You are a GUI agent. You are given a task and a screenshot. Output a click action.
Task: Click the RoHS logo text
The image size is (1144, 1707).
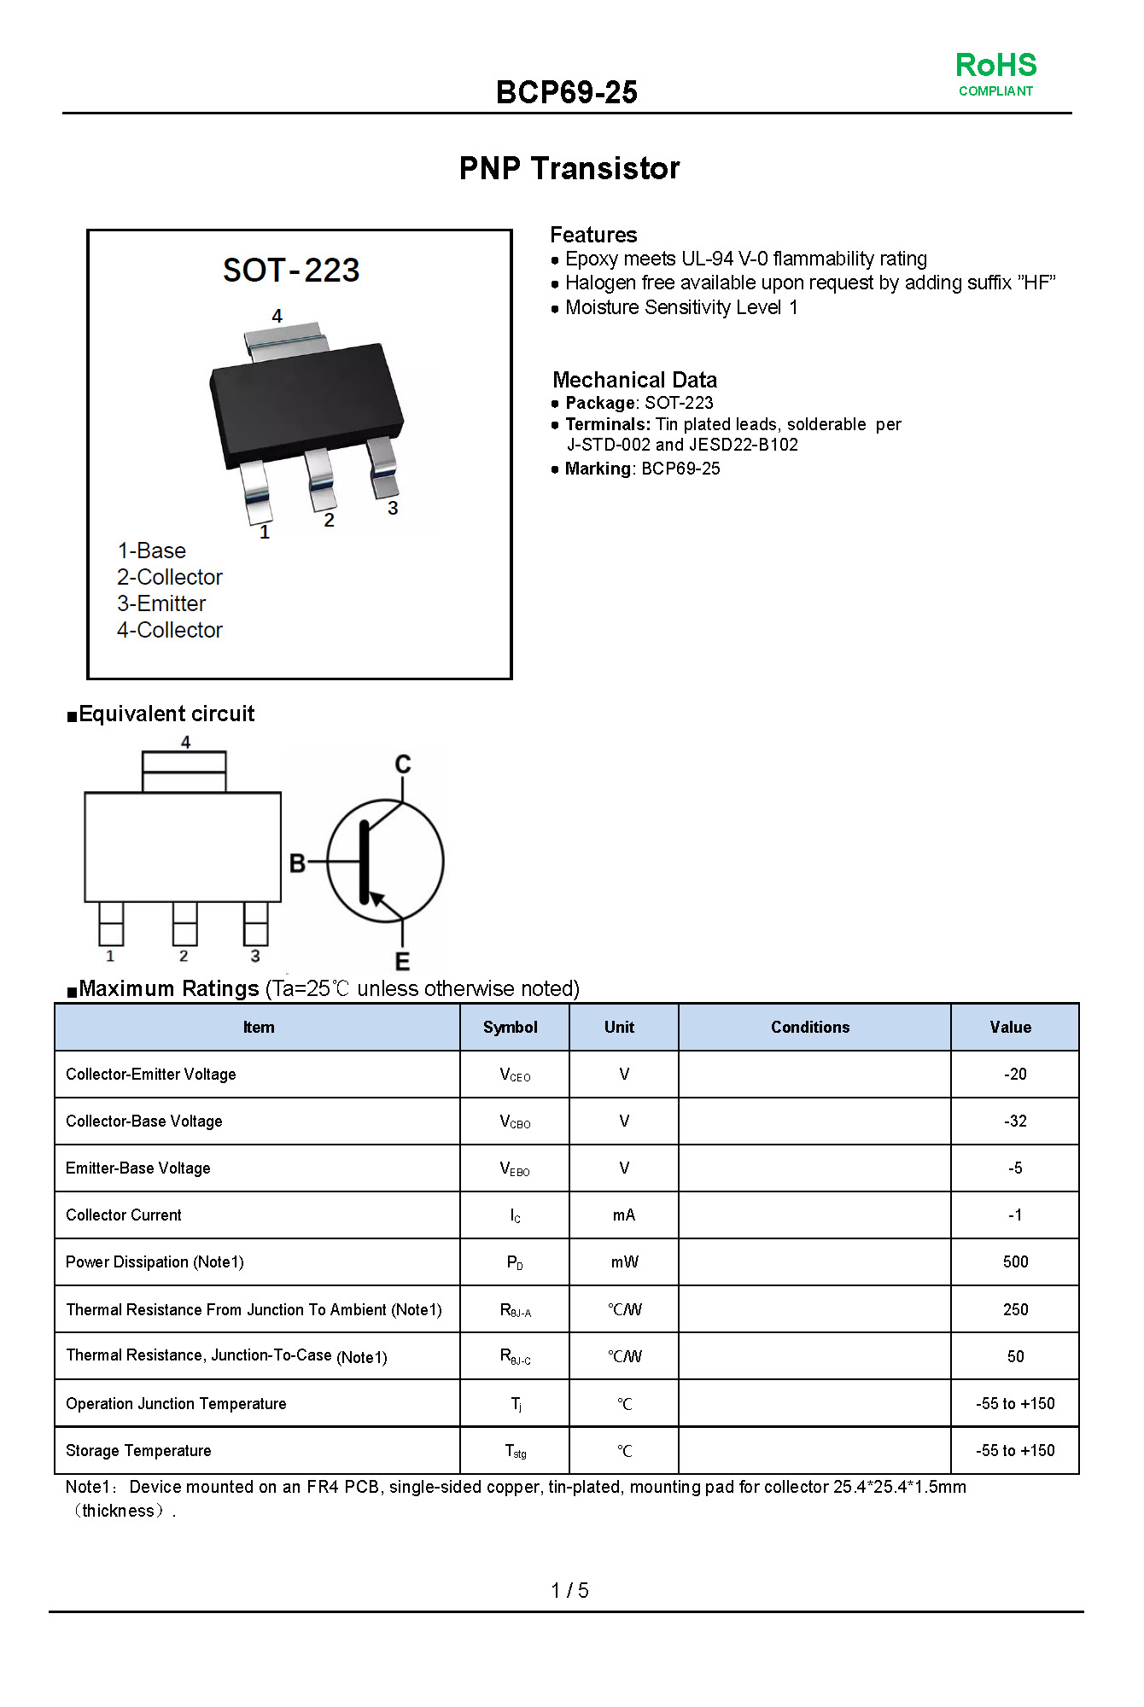995,66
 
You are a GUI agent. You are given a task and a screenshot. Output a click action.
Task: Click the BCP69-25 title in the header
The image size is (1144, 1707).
566,92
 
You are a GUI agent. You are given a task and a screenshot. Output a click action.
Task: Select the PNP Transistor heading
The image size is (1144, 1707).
569,168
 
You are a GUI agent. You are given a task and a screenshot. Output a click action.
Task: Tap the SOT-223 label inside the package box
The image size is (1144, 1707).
291,271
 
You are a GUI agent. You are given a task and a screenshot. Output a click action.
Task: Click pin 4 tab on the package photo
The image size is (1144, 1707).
286,341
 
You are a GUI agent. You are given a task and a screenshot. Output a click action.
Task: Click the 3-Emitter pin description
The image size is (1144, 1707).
161,603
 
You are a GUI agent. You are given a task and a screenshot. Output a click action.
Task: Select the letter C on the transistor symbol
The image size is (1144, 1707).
403,764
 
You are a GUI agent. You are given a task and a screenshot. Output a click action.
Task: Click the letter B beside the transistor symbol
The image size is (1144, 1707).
297,864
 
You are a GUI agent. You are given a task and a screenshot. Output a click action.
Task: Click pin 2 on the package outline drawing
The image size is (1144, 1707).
184,923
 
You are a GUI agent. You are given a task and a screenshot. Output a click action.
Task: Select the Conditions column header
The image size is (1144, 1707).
810,1027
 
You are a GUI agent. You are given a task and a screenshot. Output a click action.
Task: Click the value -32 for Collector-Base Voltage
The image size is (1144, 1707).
1014,1121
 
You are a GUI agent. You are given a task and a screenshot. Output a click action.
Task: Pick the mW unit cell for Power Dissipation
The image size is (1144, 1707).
624,1261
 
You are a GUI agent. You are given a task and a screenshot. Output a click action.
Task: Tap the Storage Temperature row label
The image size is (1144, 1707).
138,1450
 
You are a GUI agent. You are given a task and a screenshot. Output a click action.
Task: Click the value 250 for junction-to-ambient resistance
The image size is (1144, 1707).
1015,1309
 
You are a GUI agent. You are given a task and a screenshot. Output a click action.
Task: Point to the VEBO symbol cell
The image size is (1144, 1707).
515,1168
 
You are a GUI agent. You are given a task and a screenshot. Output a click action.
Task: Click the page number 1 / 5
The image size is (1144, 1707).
569,1590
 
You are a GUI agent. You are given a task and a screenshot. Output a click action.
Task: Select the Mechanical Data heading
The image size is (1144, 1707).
634,380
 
